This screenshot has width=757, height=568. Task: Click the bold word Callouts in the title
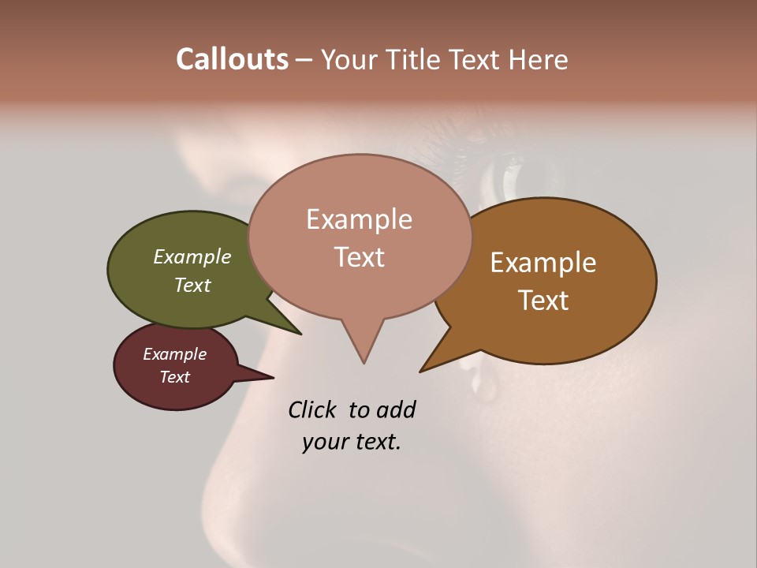click(x=232, y=59)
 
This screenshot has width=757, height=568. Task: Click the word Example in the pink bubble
click(x=359, y=219)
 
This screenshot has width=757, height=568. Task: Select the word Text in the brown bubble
click(x=544, y=301)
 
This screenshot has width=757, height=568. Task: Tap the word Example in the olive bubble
click(x=192, y=256)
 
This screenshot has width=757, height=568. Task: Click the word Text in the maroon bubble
click(x=175, y=377)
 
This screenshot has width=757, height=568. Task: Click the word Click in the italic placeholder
click(x=312, y=409)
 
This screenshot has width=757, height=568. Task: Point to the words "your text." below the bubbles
click(x=351, y=442)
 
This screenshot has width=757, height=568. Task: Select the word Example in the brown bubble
click(x=543, y=263)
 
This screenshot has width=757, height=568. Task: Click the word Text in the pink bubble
click(x=360, y=257)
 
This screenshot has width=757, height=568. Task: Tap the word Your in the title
click(x=347, y=60)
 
